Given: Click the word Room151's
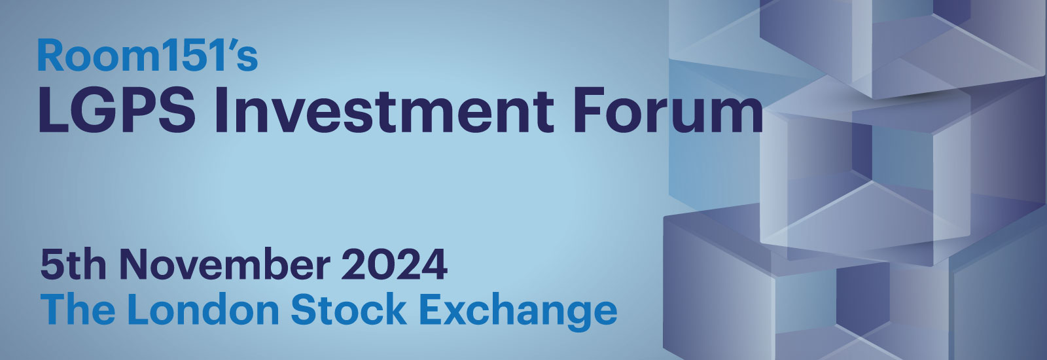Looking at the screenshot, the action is (x=147, y=56).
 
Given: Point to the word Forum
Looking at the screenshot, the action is (x=667, y=112).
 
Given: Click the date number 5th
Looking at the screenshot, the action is (x=73, y=265).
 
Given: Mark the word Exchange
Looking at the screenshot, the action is (x=518, y=312).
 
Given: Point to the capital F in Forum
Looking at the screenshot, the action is (x=587, y=112).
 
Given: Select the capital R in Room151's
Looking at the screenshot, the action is (x=50, y=56).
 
